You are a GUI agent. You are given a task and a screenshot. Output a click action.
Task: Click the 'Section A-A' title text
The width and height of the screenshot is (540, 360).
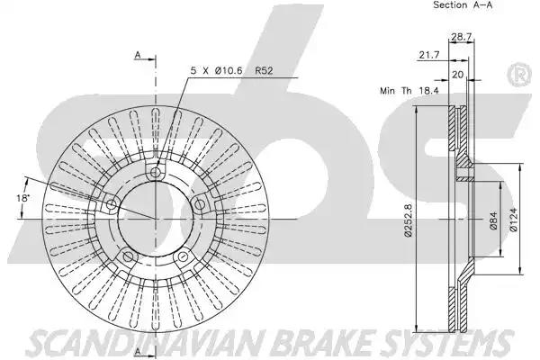pos(463,4)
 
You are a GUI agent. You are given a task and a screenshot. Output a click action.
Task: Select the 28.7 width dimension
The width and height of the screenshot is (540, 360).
pos(461,37)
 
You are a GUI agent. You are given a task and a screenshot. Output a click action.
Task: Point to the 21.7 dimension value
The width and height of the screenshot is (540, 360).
pos(429,55)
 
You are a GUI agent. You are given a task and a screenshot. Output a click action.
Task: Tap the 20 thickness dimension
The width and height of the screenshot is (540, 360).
pos(457,75)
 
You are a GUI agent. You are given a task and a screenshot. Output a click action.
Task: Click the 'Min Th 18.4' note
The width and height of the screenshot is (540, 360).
pos(409,91)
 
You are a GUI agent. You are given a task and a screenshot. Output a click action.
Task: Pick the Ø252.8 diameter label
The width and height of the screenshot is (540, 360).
pos(409,220)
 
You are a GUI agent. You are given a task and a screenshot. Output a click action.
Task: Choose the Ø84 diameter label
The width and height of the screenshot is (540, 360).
pos(493,220)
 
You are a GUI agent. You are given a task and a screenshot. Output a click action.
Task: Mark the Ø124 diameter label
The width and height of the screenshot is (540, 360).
pos(513,220)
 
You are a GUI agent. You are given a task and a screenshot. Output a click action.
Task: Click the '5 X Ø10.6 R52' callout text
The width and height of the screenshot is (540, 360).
pos(232,70)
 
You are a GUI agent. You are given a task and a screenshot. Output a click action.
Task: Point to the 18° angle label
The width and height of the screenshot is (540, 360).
pos(23,198)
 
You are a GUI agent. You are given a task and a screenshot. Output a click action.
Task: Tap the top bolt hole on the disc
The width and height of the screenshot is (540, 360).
pos(156,172)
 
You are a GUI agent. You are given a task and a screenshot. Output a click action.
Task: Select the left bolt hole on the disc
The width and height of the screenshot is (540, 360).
pos(111,204)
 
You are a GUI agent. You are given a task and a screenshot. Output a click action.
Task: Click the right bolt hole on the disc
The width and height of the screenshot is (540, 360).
pos(200,204)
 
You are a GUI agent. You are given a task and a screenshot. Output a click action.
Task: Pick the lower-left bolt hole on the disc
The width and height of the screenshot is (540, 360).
pos(128,256)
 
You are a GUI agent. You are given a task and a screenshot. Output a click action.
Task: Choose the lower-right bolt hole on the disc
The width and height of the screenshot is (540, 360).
pos(183,256)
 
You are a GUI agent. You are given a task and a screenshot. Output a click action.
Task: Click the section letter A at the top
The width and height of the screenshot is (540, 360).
pos(138,55)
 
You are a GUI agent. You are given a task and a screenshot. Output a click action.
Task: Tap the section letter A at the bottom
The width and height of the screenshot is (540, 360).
pos(138,351)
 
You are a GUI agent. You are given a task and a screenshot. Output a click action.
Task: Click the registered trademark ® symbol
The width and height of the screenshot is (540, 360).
pos(520,75)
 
